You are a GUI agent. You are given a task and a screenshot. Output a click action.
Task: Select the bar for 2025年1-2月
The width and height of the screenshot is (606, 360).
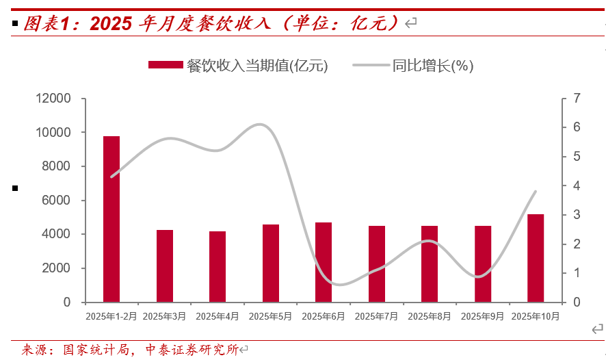click(111, 219)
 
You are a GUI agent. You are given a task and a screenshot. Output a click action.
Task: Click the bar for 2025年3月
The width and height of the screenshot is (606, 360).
click(165, 266)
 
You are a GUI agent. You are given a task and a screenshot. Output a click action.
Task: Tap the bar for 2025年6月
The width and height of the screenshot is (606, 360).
click(324, 262)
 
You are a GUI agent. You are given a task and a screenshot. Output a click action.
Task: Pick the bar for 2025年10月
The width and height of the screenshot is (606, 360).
click(536, 258)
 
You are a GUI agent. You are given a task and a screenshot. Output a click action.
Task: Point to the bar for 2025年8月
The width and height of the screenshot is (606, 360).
click(430, 263)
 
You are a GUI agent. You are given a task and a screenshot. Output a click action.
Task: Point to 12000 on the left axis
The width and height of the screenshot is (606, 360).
click(53, 99)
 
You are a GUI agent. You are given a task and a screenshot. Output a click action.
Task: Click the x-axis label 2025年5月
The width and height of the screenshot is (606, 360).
click(270, 316)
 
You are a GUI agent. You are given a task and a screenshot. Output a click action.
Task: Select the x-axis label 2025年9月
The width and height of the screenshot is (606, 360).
click(482, 316)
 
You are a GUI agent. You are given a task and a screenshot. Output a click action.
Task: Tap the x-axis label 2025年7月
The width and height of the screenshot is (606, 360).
click(376, 316)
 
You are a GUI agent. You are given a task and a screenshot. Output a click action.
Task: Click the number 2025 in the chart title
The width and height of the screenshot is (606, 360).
click(110, 24)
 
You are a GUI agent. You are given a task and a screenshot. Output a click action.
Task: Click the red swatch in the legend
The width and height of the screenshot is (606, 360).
click(166, 66)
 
